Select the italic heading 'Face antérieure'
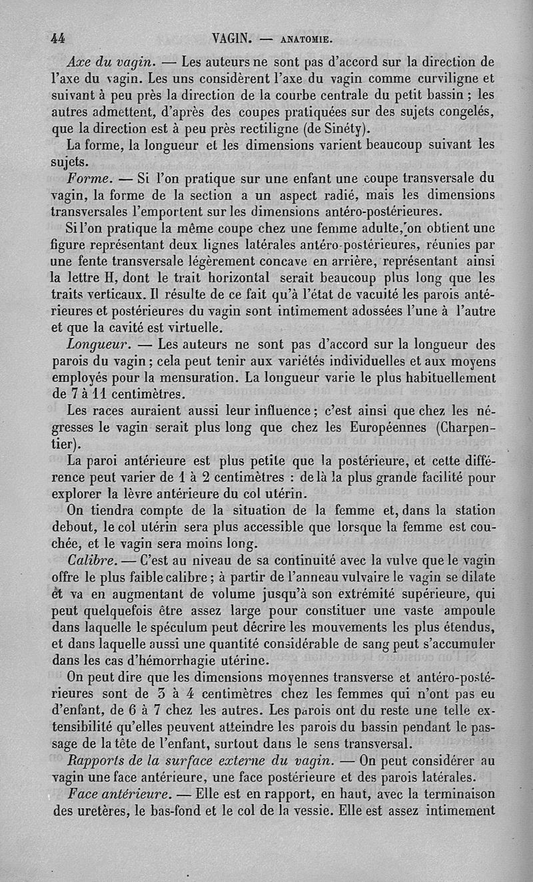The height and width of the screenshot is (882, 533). [x=120, y=794]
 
